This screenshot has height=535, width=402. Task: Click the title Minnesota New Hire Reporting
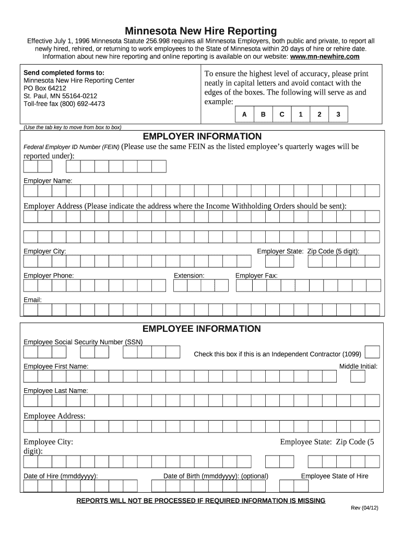coord(200,31)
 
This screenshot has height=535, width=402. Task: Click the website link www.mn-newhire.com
coord(325,56)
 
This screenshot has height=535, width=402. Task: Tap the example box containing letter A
coord(244,114)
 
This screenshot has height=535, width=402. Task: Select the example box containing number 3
coord(338,114)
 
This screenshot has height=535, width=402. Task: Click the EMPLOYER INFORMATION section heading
coord(202,136)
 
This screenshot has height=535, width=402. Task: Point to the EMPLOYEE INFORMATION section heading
coord(202,329)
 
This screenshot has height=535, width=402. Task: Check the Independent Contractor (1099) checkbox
coord(372,353)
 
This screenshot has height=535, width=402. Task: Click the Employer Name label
coord(48,180)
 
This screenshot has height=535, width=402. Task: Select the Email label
coord(32,300)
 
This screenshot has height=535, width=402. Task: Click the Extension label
coord(189,275)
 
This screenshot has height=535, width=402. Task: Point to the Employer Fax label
coord(256,275)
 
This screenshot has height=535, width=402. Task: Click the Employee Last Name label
coord(56,391)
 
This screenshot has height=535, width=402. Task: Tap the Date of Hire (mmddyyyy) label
coord(61,476)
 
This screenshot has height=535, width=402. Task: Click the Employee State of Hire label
coord(334,476)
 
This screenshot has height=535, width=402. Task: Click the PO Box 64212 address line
coord(45,88)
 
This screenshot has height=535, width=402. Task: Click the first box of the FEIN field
coord(31,166)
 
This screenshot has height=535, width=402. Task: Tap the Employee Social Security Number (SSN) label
coord(83,342)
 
